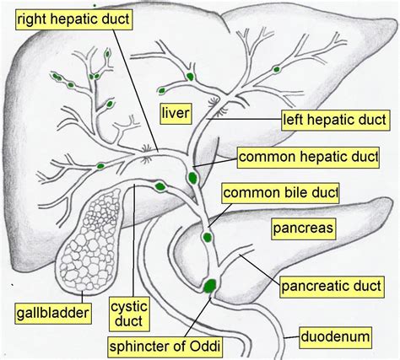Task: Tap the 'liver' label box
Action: [179, 111]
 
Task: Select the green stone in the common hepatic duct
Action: [193, 178]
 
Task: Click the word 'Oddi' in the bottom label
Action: [218, 345]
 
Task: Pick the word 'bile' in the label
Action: [295, 193]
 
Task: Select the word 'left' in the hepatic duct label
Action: [298, 120]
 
